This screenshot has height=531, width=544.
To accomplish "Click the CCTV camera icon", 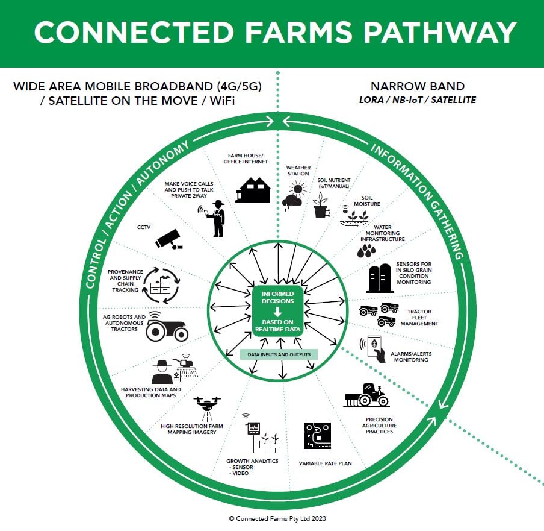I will point(168,239).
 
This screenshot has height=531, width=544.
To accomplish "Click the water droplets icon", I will point(365,251).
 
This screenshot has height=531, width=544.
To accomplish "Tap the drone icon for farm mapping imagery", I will point(207,407).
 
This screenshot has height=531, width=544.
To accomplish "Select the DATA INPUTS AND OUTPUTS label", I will point(279,354).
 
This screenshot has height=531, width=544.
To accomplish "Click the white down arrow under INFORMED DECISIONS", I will point(278,312).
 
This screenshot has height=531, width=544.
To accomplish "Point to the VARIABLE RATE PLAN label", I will point(325,463).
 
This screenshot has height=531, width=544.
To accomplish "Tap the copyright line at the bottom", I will point(277,518).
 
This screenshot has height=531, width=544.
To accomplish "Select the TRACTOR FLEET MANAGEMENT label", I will point(419,318).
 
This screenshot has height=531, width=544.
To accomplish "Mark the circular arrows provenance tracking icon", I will point(161,285).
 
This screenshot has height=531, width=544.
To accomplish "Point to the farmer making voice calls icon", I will point(215,218).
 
